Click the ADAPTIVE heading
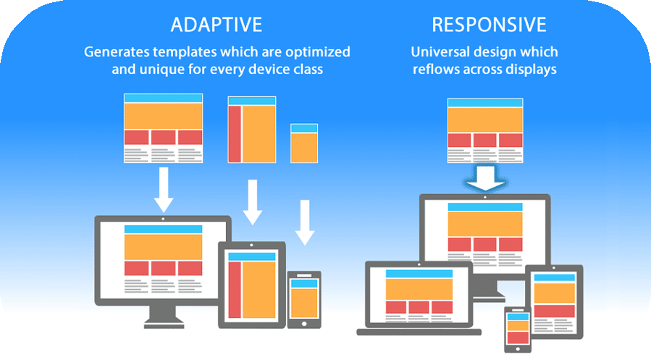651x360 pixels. [x=216, y=25]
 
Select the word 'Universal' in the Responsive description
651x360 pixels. [x=438, y=53]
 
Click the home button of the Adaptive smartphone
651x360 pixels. [x=304, y=323]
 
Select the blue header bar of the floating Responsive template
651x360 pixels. [x=485, y=102]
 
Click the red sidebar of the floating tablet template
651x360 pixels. [x=235, y=135]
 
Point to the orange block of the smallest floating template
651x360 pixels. [x=304, y=148]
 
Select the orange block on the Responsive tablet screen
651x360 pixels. [x=554, y=293]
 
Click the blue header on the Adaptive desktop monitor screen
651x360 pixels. [x=163, y=230]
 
